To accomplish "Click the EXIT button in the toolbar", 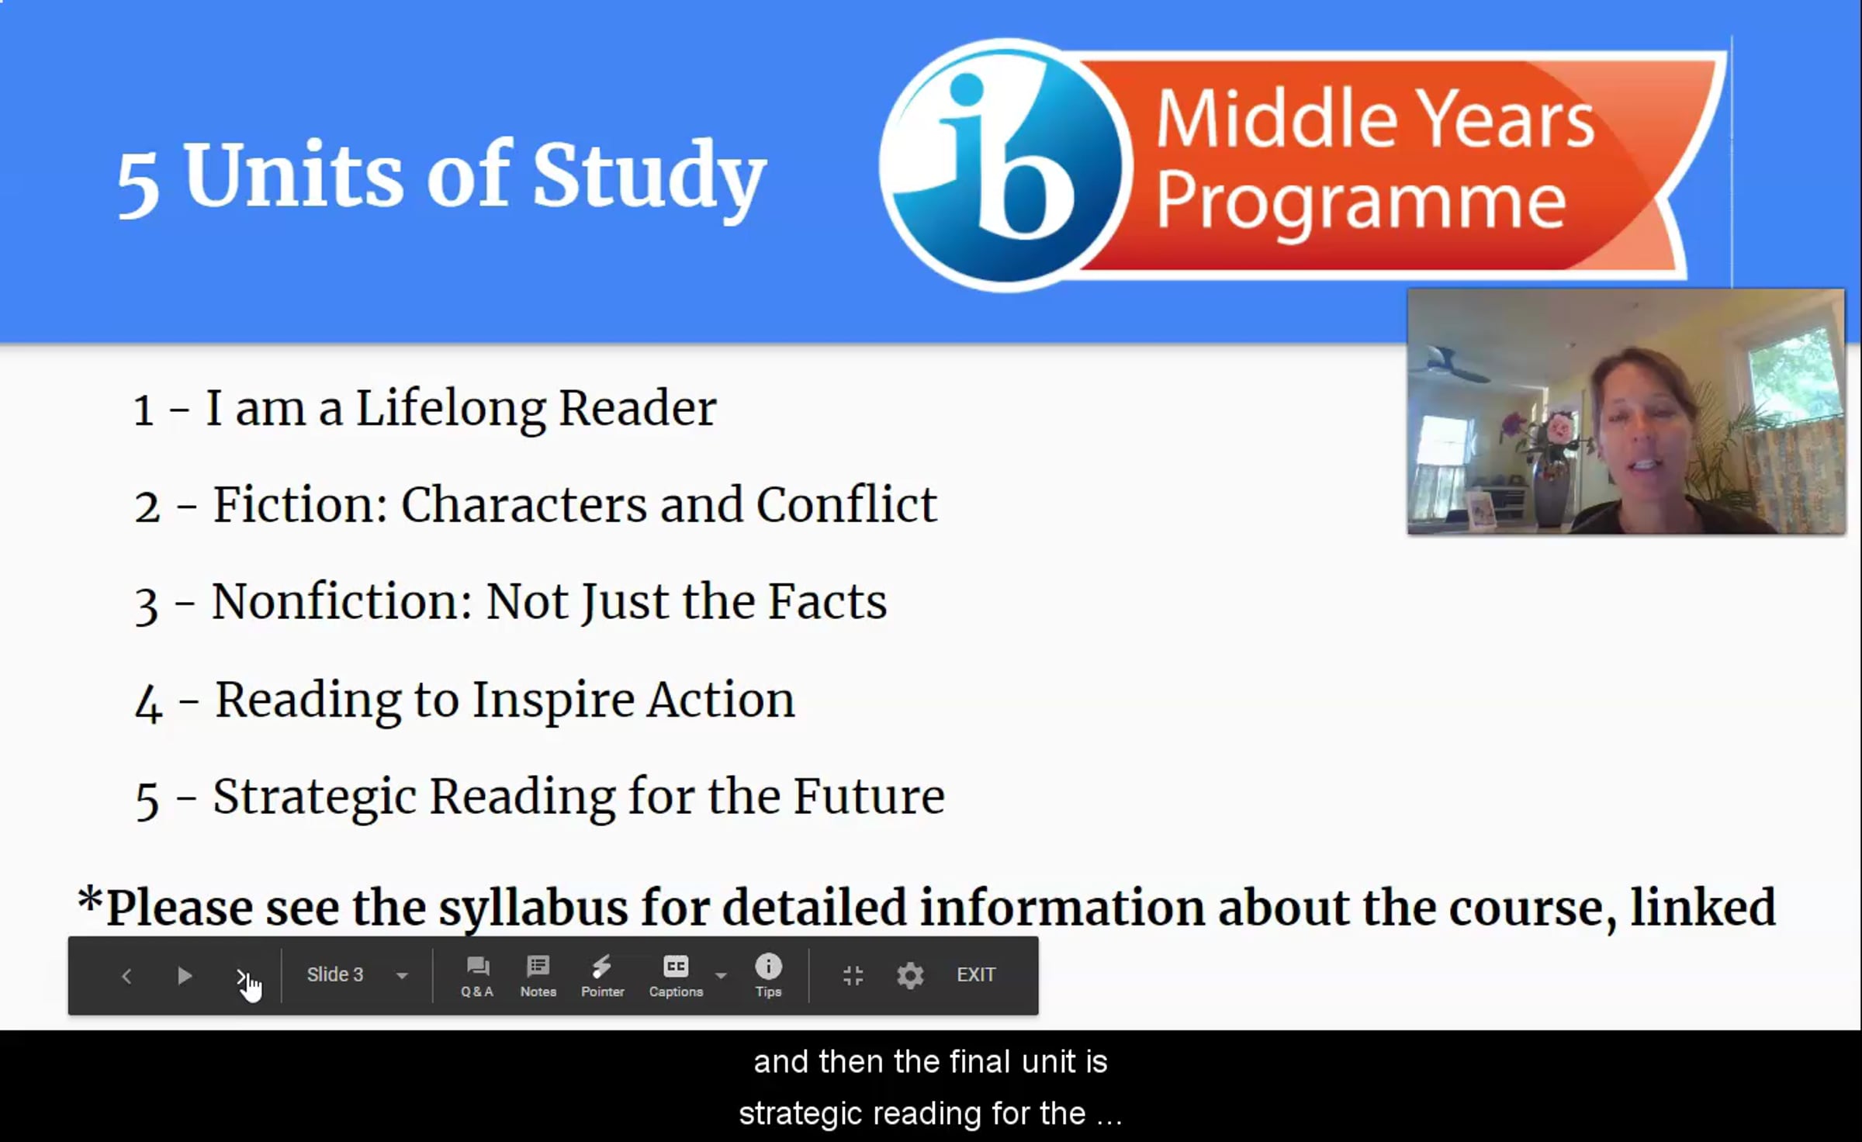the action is (x=975, y=974).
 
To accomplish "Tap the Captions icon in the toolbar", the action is (x=676, y=966).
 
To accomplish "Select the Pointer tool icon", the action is (x=601, y=966).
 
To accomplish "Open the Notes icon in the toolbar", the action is (x=538, y=966).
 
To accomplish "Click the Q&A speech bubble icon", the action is (x=477, y=966).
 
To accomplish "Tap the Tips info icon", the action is (x=768, y=966).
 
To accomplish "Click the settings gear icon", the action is (x=910, y=975).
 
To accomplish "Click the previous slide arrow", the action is (x=126, y=975).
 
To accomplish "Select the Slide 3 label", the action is (x=335, y=974).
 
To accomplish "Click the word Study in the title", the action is (x=649, y=176).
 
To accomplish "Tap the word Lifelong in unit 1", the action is (x=450, y=409).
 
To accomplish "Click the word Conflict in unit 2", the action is (x=846, y=505).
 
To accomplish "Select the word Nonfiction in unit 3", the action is (x=342, y=602).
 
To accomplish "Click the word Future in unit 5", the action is (x=869, y=797).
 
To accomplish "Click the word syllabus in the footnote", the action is (x=534, y=908).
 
